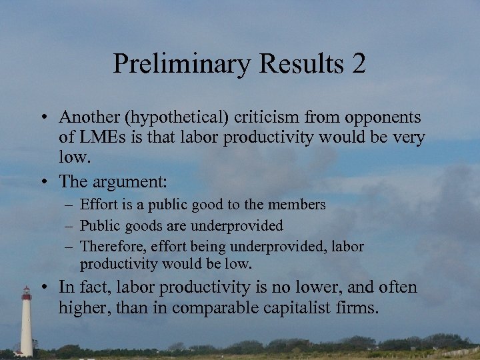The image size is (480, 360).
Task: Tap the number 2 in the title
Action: coord(358,64)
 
